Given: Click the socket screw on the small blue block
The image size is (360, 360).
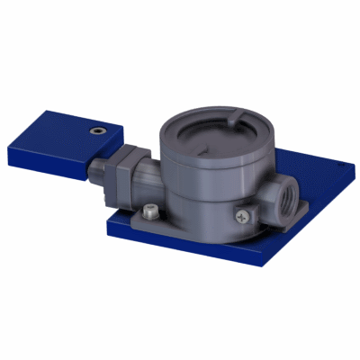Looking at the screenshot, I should (96, 131).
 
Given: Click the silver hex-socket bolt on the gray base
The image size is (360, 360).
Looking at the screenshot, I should (150, 211).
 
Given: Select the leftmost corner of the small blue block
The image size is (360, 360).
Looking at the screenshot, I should (7, 144).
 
